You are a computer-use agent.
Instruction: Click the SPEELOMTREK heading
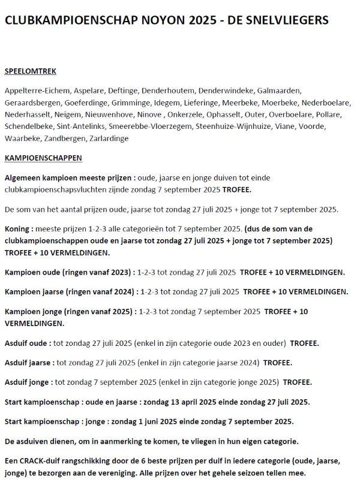click(31, 71)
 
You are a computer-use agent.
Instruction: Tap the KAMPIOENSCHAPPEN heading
click(43, 158)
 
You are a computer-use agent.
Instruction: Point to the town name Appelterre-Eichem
click(36, 91)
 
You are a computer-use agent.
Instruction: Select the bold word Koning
click(17, 229)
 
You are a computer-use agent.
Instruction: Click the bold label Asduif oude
click(26, 344)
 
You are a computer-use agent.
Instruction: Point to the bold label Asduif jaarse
click(28, 363)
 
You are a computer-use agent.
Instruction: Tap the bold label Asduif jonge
click(28, 382)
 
